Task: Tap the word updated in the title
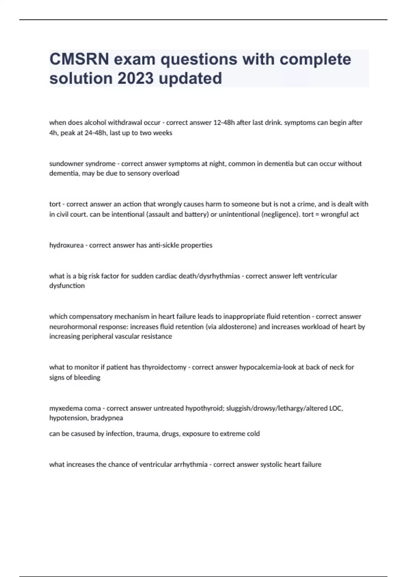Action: click(190, 79)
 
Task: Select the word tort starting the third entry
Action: click(55, 204)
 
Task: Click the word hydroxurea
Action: click(66, 245)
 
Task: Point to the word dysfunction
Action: click(67, 286)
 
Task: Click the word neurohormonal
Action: click(72, 327)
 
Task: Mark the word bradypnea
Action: click(107, 418)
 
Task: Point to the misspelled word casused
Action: click(82, 434)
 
